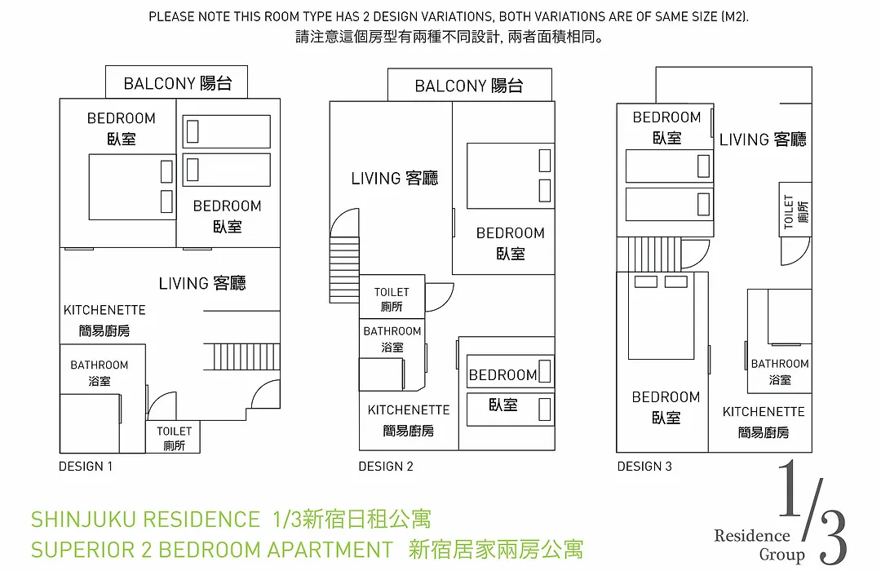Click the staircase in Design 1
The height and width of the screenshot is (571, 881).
246,356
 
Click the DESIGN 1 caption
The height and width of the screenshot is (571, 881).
86,467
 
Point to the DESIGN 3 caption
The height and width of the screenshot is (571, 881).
644,467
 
